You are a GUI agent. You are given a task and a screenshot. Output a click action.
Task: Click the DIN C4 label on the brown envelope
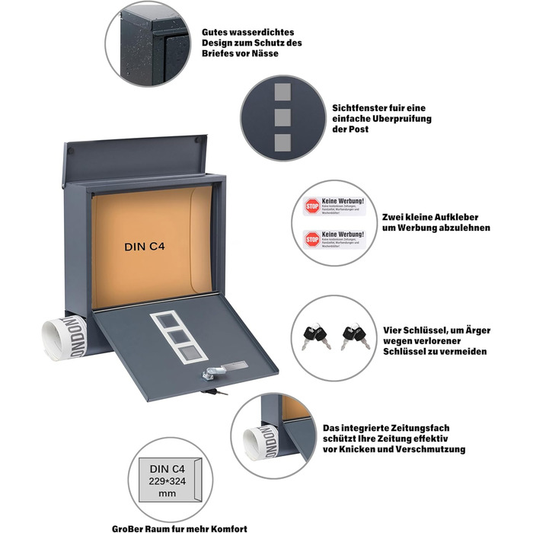[x=145, y=247]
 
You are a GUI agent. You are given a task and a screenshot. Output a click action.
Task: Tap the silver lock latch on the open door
[x=208, y=373]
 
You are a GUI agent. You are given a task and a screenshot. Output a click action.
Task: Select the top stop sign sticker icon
[x=312, y=206]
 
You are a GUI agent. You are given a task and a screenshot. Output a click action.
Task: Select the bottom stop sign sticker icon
[x=312, y=239]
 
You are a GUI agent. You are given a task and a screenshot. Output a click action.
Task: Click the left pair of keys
[x=314, y=336]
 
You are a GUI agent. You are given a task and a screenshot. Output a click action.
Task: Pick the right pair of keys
[x=355, y=336]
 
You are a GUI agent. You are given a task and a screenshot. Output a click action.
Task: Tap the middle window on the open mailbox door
[x=181, y=335]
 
